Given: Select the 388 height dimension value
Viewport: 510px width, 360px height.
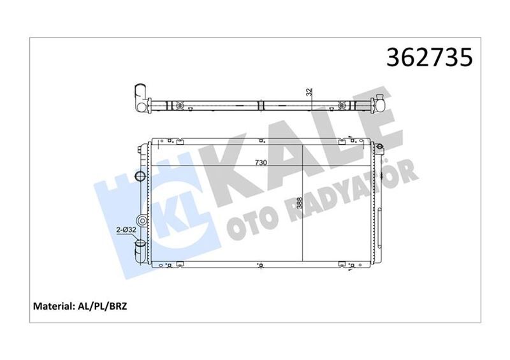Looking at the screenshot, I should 300,206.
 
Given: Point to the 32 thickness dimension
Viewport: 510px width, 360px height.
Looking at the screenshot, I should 309,92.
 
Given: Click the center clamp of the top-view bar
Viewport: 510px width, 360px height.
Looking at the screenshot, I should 261,104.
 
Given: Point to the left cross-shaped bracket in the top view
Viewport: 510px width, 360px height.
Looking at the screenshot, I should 180,104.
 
